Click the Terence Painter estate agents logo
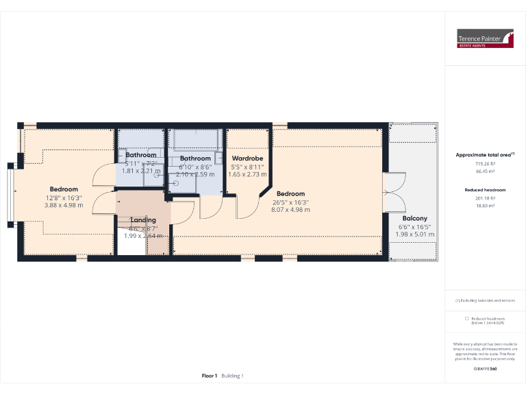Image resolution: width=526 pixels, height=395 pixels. pyautogui.click(x=485, y=39)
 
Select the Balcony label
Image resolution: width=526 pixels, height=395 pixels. pyautogui.click(x=415, y=219)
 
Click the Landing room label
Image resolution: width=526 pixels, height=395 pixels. pyautogui.click(x=143, y=219)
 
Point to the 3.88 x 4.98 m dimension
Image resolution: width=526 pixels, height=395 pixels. pyautogui.click(x=63, y=205)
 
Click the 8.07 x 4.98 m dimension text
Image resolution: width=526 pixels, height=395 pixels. pyautogui.click(x=290, y=210)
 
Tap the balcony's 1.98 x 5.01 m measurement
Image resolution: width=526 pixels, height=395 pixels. pyautogui.click(x=415, y=235)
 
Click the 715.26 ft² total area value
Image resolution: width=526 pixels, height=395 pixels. pyautogui.click(x=485, y=164)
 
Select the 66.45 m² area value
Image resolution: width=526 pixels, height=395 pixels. pyautogui.click(x=485, y=171)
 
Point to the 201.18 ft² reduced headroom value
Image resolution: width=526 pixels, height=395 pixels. pyautogui.click(x=485, y=197)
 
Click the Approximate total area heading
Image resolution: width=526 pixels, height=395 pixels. pyautogui.click(x=485, y=155)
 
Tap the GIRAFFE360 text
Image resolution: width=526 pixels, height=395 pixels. pyautogui.click(x=485, y=369)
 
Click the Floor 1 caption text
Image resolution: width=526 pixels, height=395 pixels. pyautogui.click(x=210, y=375)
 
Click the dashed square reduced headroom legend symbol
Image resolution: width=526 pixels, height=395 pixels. pyautogui.click(x=466, y=318)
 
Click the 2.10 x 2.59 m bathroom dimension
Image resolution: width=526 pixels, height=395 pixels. pyautogui.click(x=195, y=174)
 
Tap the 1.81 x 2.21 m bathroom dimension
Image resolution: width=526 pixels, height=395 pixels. pyautogui.click(x=140, y=171)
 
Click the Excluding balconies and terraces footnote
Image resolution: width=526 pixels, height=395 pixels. pyautogui.click(x=485, y=300)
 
